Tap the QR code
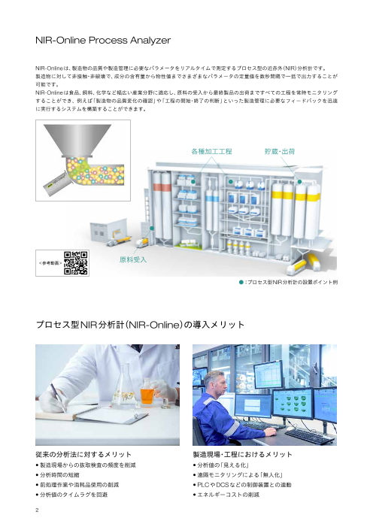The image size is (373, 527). click(77, 262)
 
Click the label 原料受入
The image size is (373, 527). click(133, 259)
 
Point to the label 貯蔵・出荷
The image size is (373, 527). click(279, 151)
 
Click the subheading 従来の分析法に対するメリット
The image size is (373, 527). click(83, 455)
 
